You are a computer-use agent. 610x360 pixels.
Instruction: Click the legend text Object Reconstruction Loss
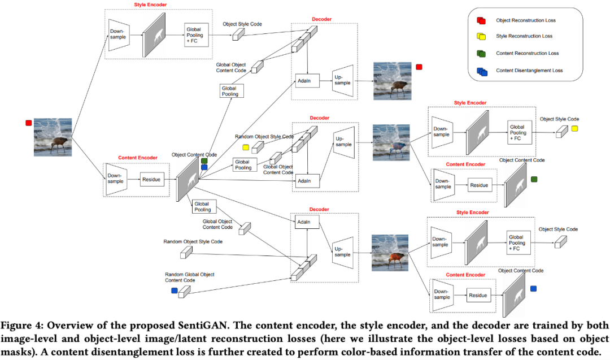[525, 20]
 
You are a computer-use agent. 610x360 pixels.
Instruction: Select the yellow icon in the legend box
[481, 37]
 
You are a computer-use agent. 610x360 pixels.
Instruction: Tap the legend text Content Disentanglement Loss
[529, 70]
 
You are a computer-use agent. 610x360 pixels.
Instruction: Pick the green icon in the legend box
[481, 54]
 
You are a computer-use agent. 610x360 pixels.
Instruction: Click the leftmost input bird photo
[53, 136]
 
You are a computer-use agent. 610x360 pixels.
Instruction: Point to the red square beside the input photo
[28, 123]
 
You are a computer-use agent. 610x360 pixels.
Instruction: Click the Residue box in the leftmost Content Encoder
[151, 180]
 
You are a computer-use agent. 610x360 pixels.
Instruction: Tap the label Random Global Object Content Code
[189, 277]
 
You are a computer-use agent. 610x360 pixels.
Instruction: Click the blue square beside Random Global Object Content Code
[175, 290]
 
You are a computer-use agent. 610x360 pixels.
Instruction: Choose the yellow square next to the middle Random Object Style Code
[246, 148]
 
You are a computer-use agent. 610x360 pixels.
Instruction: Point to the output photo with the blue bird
[391, 143]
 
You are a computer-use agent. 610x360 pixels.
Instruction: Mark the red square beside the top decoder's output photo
[419, 67]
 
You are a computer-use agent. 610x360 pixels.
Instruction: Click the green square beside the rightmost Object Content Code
[534, 179]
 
